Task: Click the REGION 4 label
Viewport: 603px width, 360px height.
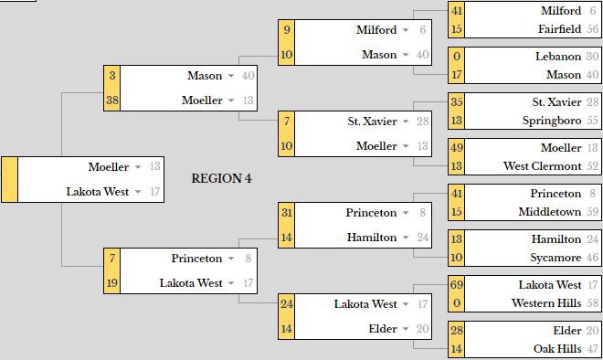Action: click(221, 178)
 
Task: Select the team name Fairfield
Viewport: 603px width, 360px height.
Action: click(559, 29)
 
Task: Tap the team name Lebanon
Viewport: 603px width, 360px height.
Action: click(557, 57)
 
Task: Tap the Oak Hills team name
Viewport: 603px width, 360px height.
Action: click(557, 349)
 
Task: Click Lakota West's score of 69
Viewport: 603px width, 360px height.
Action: click(457, 285)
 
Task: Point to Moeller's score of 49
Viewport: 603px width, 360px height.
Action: click(457, 148)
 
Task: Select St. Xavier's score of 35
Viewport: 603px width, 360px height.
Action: click(457, 102)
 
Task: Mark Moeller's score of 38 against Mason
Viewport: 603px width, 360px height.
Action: click(112, 101)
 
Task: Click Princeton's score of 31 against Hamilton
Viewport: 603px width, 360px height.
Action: click(287, 213)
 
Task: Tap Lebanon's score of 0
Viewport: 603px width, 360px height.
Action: click(457, 57)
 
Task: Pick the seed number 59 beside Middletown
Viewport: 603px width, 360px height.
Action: click(593, 212)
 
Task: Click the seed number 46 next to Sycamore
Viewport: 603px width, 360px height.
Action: click(593, 258)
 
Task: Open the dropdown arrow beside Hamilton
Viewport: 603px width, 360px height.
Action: click(407, 238)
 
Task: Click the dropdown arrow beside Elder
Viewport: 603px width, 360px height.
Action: click(407, 329)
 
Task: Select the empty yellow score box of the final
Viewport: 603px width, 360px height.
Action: click(10, 179)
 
